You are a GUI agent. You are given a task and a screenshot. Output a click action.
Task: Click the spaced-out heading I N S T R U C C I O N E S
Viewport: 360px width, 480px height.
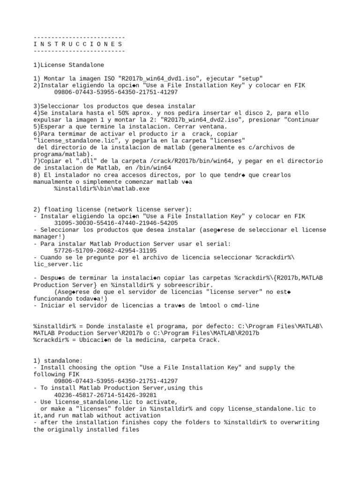click(x=79, y=44)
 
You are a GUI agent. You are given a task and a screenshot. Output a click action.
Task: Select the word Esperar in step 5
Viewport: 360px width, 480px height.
click(x=52, y=127)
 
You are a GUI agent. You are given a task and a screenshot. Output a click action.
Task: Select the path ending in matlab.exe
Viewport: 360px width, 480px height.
click(x=102, y=188)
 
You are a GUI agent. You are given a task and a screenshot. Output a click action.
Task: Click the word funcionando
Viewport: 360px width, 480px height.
click(x=54, y=299)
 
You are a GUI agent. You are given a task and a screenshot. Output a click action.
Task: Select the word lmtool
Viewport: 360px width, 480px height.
click(x=205, y=306)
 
